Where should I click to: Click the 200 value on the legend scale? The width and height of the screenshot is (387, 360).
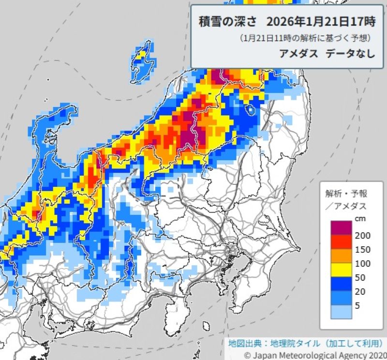(x=362, y=235)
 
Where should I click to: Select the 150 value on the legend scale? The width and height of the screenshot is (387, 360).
(x=362, y=249)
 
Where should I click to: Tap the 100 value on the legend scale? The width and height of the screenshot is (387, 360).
(x=362, y=264)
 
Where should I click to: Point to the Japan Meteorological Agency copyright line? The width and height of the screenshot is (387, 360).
(x=314, y=355)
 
